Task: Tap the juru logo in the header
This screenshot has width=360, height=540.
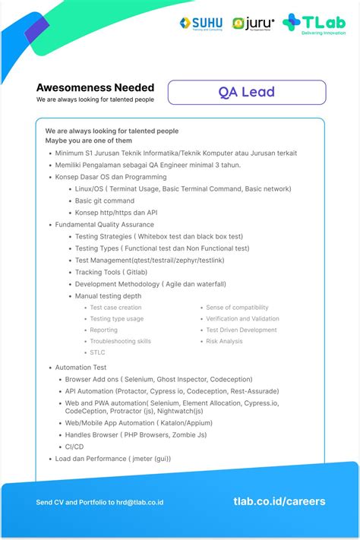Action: point(254,24)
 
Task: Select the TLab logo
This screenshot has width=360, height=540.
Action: point(313,24)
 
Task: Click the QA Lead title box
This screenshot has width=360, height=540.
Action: point(247,92)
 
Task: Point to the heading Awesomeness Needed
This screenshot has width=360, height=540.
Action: point(95,87)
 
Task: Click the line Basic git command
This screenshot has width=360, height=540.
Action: point(105,201)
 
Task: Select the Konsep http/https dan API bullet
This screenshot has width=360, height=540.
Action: point(116,213)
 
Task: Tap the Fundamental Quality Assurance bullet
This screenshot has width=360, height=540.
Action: point(104,225)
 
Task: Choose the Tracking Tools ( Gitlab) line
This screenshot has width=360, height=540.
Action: point(111,272)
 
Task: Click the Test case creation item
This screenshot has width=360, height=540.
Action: point(115,308)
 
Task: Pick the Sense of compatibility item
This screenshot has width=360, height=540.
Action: point(237,308)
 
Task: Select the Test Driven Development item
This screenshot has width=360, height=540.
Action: point(242,330)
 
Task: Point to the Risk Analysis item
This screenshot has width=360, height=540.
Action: point(224,341)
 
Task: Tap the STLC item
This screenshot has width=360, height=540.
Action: point(97,352)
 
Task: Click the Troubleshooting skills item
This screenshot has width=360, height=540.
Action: point(120,341)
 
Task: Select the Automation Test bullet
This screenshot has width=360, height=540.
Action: point(81,368)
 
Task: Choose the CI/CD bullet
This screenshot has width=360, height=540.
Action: point(74,446)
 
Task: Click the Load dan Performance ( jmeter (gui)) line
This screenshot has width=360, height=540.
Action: point(112,458)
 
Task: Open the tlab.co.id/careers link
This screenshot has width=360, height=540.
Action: point(279,501)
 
